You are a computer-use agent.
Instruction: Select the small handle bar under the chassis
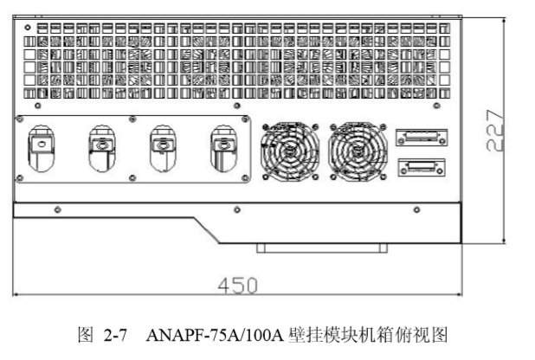[321, 249]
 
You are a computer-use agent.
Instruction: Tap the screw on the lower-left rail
[57, 209]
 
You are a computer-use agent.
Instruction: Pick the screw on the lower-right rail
[416, 209]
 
